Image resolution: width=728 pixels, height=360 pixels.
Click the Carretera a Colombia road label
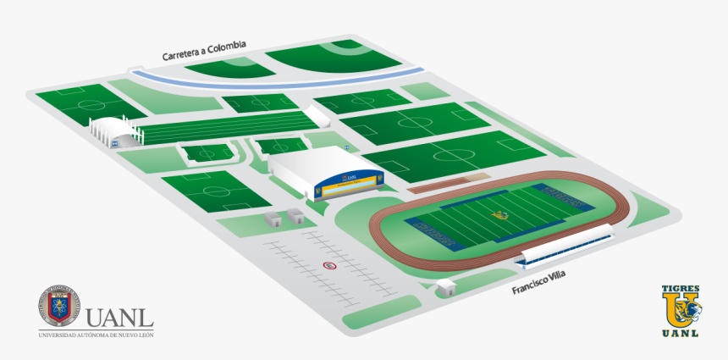[x=204, y=50]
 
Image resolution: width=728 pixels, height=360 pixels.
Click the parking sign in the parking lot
[x=329, y=265]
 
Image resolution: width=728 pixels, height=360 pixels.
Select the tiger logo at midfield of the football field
[x=501, y=215]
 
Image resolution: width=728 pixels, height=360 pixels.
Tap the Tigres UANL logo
[x=681, y=311]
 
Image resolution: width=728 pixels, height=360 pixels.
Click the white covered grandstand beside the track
[x=565, y=245]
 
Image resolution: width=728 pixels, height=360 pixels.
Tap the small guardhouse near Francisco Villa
[x=444, y=289]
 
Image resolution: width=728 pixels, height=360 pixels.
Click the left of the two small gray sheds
[x=273, y=219]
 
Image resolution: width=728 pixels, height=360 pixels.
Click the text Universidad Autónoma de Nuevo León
[x=96, y=335]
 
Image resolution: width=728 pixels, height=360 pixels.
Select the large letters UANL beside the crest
[x=119, y=318]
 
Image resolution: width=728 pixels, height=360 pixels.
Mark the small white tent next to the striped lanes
[x=319, y=116]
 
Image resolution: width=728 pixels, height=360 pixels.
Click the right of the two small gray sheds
[x=295, y=216]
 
